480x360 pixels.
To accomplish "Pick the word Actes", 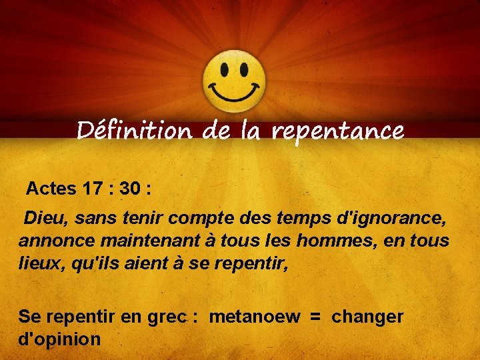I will pos(51,189).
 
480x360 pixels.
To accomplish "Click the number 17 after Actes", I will pos(93,189).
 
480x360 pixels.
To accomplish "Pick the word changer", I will pos(367,317).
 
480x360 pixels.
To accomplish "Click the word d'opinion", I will pos(59,339).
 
